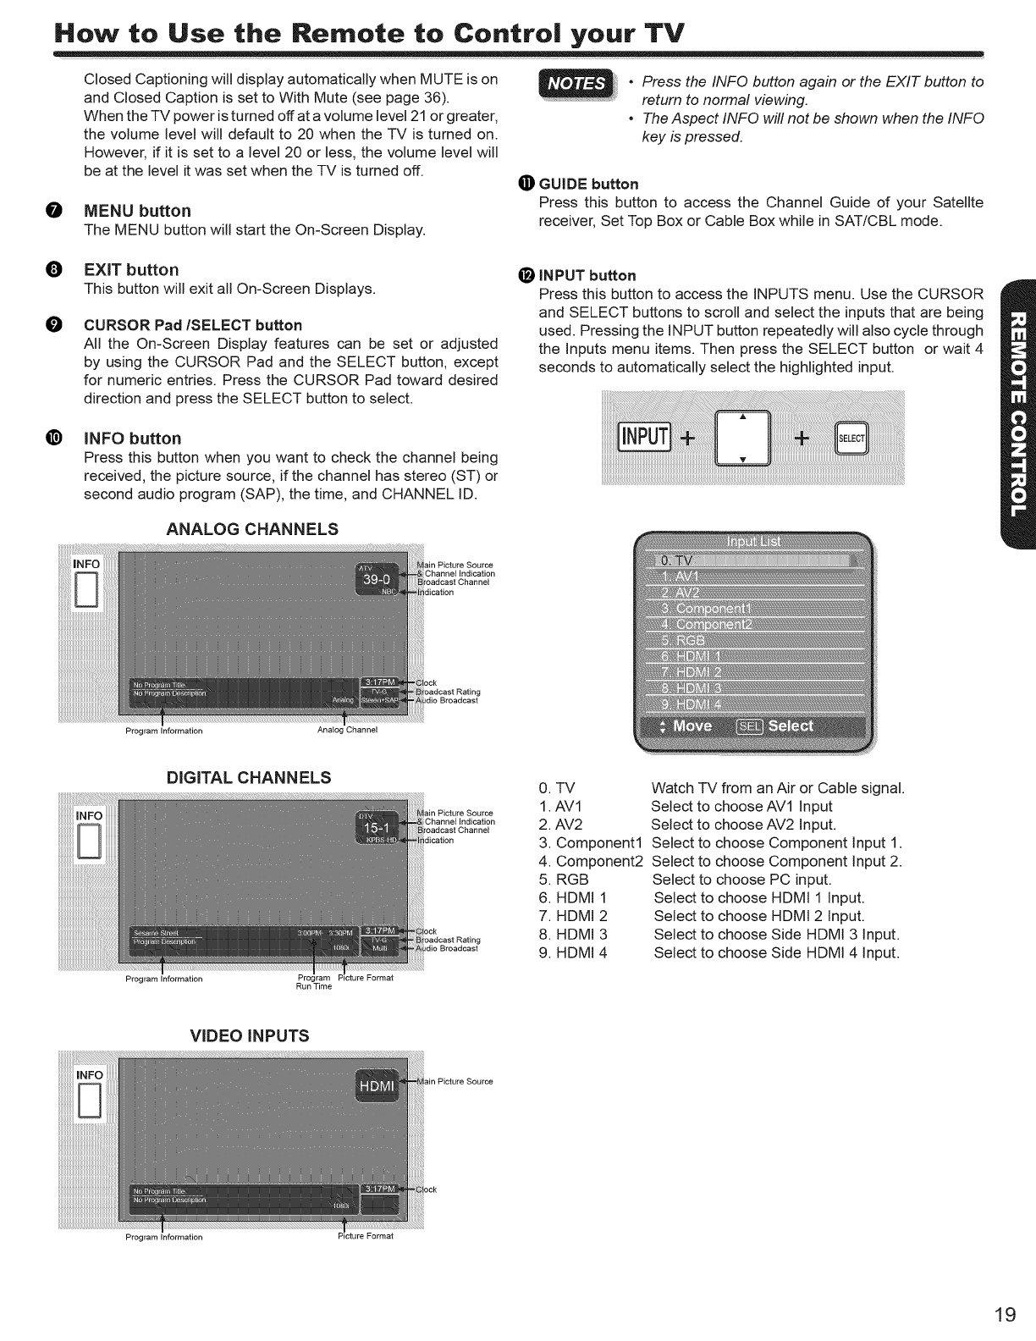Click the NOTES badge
[579, 84]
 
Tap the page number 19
[1006, 1315]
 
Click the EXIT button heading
[131, 270]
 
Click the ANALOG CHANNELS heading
[253, 529]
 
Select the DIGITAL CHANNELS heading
[249, 777]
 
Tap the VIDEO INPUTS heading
[249, 1035]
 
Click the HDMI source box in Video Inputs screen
[377, 1087]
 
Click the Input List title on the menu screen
[753, 542]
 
